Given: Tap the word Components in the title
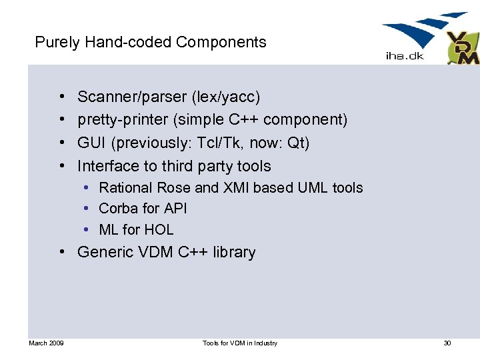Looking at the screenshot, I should tap(221, 43).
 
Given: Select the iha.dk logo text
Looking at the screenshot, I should tap(405, 56).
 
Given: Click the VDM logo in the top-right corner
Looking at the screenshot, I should tap(462, 48).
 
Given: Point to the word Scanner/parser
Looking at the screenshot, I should tap(132, 97).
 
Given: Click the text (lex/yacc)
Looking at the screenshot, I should tap(226, 97).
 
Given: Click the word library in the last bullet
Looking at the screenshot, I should tap(234, 253).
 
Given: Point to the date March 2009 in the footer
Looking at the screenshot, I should tap(46, 343).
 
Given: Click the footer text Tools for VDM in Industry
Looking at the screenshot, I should tap(240, 343).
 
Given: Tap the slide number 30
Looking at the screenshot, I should tap(447, 343).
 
